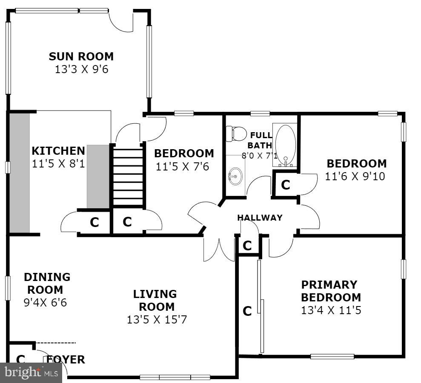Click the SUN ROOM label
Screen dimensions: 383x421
pos(81,56)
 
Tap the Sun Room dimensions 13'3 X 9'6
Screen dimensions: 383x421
pos(81,69)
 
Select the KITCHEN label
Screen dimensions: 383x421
pos(58,151)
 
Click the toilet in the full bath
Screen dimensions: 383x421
pos(236,133)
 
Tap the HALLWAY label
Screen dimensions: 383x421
pos(260,218)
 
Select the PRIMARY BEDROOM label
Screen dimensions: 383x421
pos(331,291)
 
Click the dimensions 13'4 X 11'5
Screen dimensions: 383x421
pos(331,311)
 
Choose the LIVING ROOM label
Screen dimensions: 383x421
pos(155,300)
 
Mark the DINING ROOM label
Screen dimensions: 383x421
pos(47,283)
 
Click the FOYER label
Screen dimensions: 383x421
pos(66,360)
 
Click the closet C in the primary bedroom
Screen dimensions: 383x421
pos(247,311)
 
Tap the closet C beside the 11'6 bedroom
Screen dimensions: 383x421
pos(285,185)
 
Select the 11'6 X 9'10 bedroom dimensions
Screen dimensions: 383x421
pos(355,176)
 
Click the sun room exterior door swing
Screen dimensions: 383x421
pos(121,21)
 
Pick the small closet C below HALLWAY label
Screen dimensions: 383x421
pos(247,246)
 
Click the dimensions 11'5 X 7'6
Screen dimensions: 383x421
pos(182,167)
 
